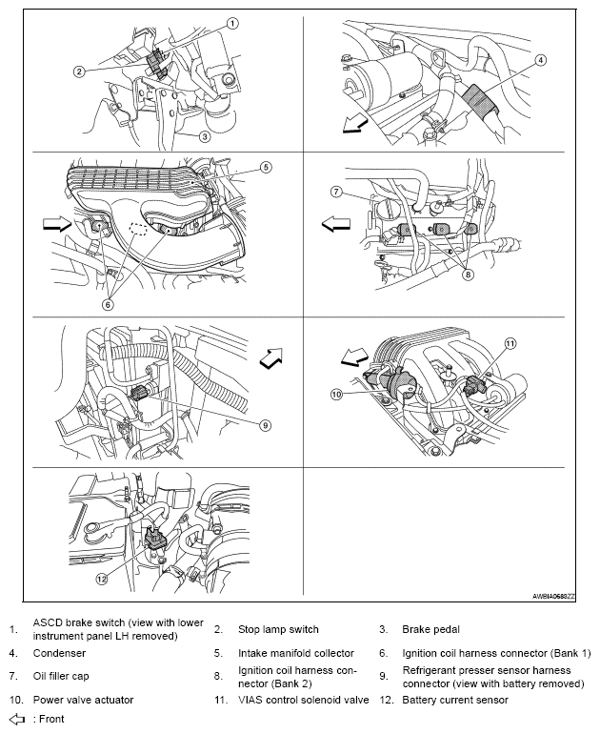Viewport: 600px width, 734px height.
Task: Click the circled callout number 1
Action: pyautogui.click(x=232, y=23)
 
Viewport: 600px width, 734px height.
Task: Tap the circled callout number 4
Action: pyautogui.click(x=540, y=60)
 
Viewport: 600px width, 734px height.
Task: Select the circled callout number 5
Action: pyautogui.click(x=266, y=167)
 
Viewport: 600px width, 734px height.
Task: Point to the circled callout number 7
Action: pyautogui.click(x=336, y=192)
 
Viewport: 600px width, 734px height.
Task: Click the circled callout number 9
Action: pyautogui.click(x=265, y=425)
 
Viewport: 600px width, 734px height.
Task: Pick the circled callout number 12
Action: pyautogui.click(x=102, y=579)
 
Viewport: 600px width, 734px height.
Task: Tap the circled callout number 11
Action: pyautogui.click(x=510, y=344)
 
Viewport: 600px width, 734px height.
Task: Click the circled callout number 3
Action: pyautogui.click(x=205, y=136)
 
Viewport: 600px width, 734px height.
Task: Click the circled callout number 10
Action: pyautogui.click(x=337, y=394)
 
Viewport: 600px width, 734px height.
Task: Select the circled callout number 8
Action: pyautogui.click(x=469, y=275)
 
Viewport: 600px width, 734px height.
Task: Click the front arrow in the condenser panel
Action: pyautogui.click(x=355, y=125)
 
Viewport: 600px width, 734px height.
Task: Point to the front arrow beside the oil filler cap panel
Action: pyautogui.click(x=336, y=225)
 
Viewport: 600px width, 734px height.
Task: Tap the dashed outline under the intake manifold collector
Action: pyautogui.click(x=138, y=229)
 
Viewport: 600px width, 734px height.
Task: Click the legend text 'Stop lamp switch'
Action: pyautogui.click(x=278, y=629)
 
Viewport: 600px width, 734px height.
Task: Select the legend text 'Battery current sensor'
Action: pyautogui.click(x=455, y=700)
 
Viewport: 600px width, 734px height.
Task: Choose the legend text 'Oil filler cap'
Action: pyautogui.click(x=61, y=676)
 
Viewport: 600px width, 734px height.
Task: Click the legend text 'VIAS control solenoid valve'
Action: pyautogui.click(x=304, y=700)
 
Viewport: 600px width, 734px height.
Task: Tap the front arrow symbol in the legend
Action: pyautogui.click(x=18, y=719)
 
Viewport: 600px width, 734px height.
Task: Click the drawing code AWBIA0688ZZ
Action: pyautogui.click(x=553, y=597)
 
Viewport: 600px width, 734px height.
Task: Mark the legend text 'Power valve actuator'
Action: pyautogui.click(x=83, y=700)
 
